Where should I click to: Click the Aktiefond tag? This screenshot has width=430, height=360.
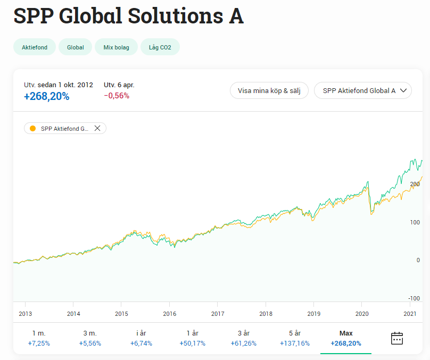(x=35, y=47)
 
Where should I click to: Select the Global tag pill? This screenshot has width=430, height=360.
(x=76, y=47)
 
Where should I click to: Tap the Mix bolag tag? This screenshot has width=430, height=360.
(x=117, y=47)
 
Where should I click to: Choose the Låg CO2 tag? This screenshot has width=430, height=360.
(x=160, y=47)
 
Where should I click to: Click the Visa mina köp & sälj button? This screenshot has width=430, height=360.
(x=269, y=90)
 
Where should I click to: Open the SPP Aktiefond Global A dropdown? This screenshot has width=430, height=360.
(x=363, y=90)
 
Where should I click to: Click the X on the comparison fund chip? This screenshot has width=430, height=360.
(x=97, y=128)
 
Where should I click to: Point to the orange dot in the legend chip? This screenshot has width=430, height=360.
(x=32, y=128)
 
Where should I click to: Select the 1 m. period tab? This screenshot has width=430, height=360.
(x=39, y=338)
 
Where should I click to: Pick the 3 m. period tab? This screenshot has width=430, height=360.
(x=90, y=338)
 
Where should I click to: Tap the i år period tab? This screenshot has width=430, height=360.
(x=141, y=338)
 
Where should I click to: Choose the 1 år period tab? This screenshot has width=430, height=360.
(x=192, y=338)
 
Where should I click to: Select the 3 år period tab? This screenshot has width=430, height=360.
(x=243, y=338)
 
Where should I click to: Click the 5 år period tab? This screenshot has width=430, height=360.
(x=294, y=338)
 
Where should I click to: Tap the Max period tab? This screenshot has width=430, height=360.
(x=346, y=338)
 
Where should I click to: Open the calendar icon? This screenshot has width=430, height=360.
(x=397, y=338)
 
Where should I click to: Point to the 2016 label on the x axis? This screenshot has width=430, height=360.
(x=169, y=314)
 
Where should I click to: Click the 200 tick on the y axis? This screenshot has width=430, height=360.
(x=415, y=184)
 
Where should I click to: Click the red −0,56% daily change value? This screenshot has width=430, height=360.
(x=117, y=96)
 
